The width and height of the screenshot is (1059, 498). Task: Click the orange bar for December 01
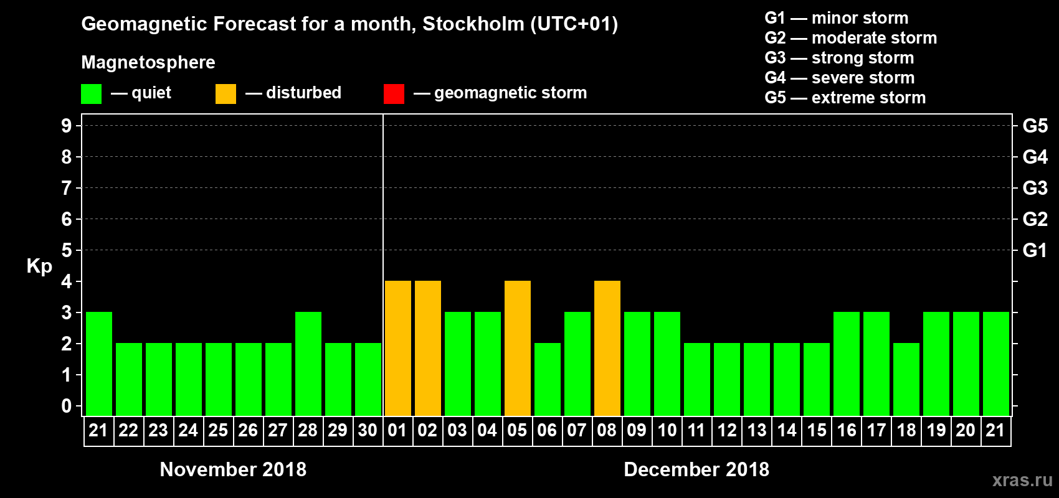[398, 348]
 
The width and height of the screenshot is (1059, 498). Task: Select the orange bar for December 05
[518, 348]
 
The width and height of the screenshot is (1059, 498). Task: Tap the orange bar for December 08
[607, 348]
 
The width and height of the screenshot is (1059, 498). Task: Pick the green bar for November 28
[308, 364]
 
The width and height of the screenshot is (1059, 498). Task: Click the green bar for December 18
[906, 379]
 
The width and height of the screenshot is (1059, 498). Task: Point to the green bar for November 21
[99, 364]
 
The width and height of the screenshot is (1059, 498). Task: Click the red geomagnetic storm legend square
[394, 94]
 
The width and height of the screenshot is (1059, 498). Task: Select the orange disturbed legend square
[226, 94]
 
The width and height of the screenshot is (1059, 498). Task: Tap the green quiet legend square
[92, 94]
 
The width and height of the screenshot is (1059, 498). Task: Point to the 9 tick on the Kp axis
[67, 126]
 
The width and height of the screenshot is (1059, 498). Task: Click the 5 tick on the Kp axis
[67, 250]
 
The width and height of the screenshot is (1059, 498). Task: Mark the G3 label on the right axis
[1035, 188]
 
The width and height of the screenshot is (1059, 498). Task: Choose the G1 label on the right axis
[1035, 250]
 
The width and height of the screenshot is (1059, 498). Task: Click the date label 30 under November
[368, 430]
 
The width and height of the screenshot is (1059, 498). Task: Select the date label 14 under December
[787, 430]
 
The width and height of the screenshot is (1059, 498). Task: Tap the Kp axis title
[39, 266]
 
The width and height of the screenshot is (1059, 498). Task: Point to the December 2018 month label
[696, 469]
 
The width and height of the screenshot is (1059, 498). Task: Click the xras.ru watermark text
[1022, 480]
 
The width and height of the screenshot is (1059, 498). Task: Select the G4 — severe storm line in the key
[839, 78]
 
